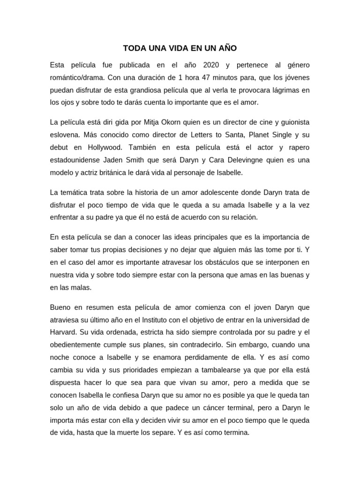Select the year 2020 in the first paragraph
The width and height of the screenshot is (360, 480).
211,65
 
